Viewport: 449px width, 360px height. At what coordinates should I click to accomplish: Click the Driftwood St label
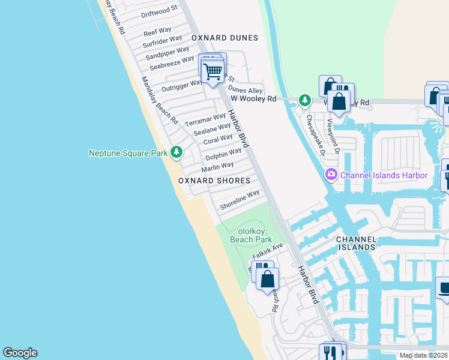(x=159, y=10)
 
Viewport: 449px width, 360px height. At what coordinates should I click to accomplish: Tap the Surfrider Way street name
(x=162, y=41)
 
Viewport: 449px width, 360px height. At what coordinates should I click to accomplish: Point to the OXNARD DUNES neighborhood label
(x=224, y=38)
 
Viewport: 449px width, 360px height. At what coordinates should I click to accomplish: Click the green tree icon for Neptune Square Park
(x=176, y=152)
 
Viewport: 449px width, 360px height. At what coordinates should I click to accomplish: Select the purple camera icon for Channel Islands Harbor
(x=331, y=175)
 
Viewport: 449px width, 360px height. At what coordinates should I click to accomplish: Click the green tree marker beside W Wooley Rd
(x=305, y=100)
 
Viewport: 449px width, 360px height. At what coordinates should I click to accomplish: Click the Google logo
(x=20, y=353)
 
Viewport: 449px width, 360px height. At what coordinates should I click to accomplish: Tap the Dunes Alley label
(x=246, y=90)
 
